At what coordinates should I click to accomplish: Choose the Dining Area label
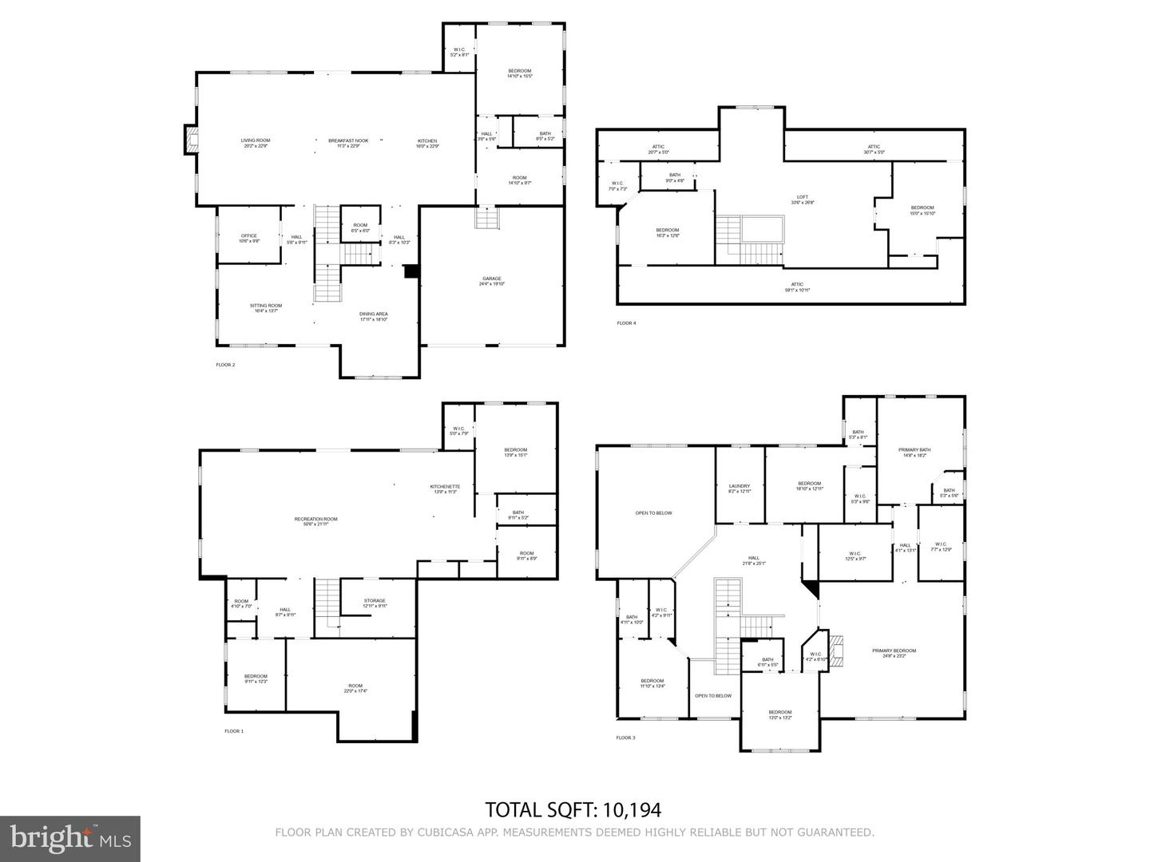point(373,316)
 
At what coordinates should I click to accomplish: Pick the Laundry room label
point(740,488)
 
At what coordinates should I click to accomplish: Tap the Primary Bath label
point(914,452)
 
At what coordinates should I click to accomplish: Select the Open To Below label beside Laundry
point(653,513)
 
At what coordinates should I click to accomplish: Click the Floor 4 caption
point(626,323)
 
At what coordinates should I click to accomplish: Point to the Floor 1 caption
point(233,731)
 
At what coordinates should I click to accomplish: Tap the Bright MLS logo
point(70,838)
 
